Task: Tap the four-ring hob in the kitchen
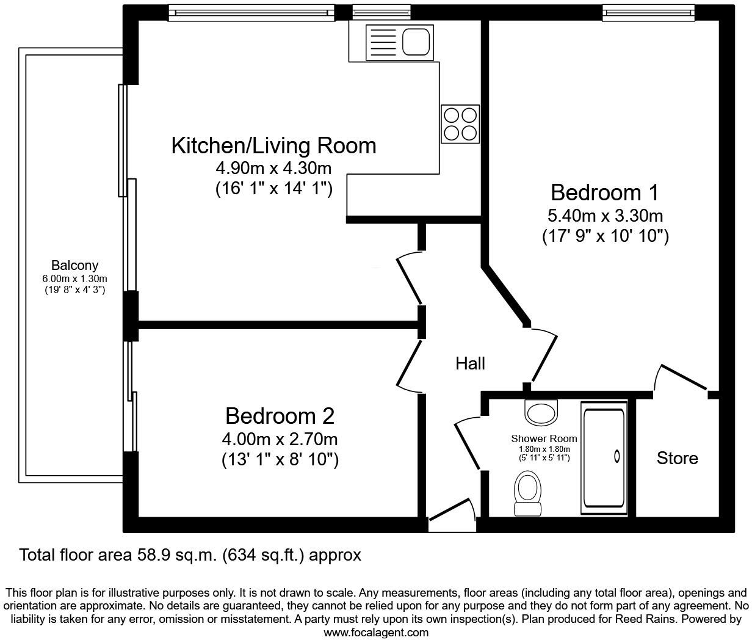click(460, 124)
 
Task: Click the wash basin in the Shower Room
click(541, 413)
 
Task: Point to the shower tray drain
click(616, 456)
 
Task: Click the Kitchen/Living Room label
click(273, 146)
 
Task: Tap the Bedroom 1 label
click(604, 192)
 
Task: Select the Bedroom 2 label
click(280, 416)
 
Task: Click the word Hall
click(470, 364)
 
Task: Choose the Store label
click(677, 458)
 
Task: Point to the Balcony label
click(74, 266)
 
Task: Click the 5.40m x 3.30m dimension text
click(605, 216)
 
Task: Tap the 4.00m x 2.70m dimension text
click(280, 439)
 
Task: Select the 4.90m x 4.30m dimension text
click(273, 168)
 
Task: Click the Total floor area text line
click(190, 555)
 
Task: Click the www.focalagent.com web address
click(375, 633)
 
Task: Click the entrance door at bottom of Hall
click(452, 512)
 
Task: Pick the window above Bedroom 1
click(648, 12)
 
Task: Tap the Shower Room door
click(469, 443)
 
